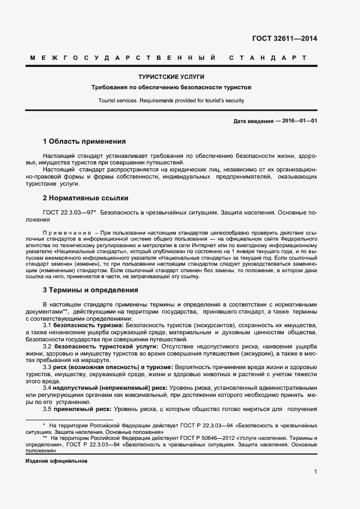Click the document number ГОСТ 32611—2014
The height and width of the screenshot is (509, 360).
pyautogui.click(x=284, y=39)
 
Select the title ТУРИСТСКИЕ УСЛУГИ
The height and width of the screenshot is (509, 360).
pyautogui.click(x=172, y=77)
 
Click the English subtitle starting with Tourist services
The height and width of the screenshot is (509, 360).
pyautogui.click(x=172, y=100)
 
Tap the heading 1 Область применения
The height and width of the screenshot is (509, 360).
pyautogui.click(x=84, y=141)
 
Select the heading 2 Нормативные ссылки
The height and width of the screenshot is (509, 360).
pyautogui.click(x=86, y=198)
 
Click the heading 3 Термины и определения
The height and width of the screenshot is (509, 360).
pyautogui.click(x=90, y=290)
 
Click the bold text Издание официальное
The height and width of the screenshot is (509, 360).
pyautogui.click(x=57, y=461)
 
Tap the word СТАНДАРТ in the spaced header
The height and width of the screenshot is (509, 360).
pyautogui.click(x=267, y=58)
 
